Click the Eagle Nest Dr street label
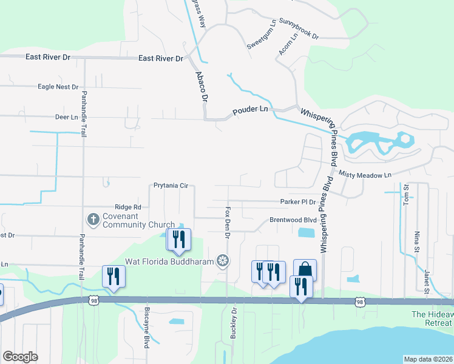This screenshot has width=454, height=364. click(58, 87)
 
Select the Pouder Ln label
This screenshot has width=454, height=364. click(251, 110)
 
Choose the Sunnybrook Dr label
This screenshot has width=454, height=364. click(299, 28)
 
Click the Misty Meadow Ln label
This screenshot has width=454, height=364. click(366, 175)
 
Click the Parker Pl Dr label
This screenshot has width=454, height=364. click(298, 202)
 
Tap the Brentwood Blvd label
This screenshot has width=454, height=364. click(293, 220)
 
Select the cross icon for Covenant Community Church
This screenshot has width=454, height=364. click(93, 220)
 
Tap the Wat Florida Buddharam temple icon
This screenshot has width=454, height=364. click(223, 261)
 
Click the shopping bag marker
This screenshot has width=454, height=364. click(305, 269)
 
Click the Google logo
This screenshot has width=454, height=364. click(21, 357)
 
